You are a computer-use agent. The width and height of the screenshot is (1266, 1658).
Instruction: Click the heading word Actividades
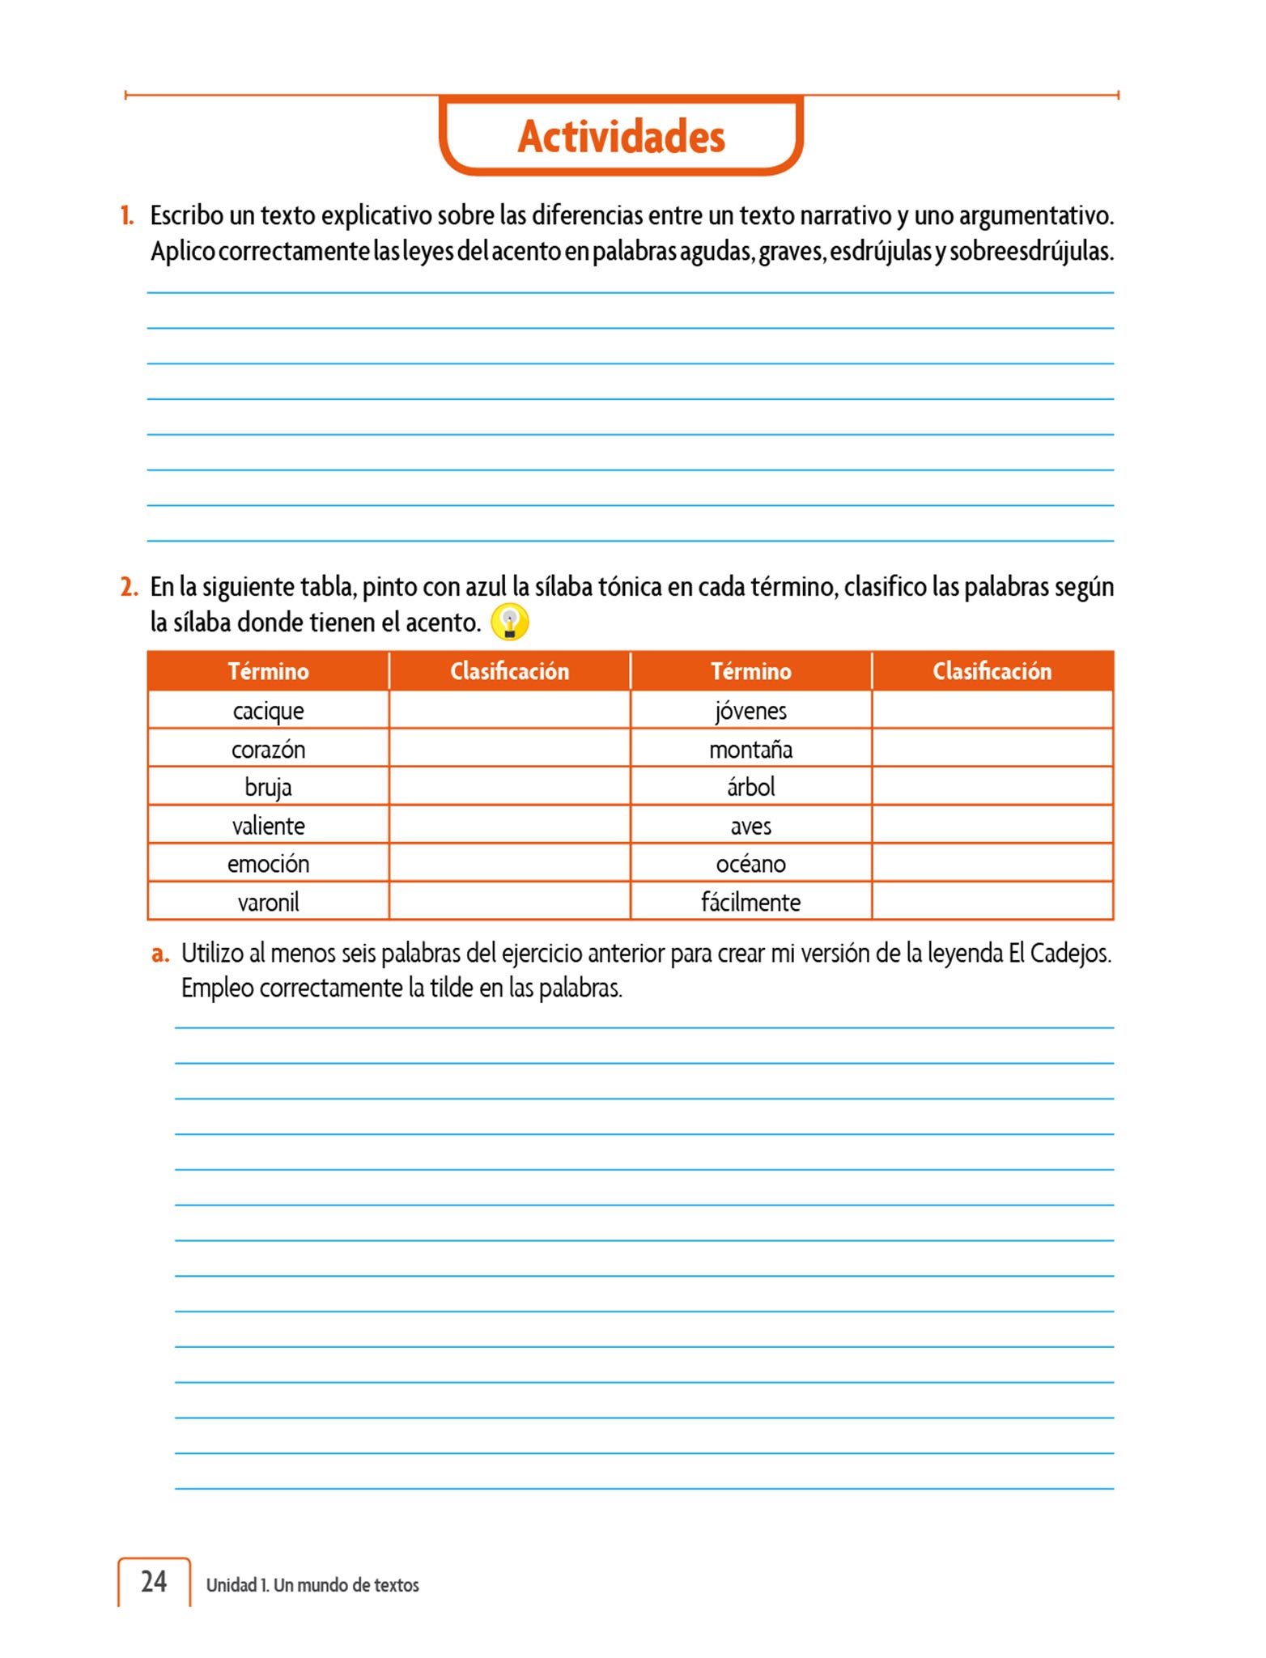coord(621,136)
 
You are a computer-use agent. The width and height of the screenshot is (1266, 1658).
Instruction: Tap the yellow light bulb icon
coord(510,622)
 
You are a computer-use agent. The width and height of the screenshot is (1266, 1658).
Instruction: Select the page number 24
coord(154,1581)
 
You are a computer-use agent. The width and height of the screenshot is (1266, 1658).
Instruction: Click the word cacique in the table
coord(268,711)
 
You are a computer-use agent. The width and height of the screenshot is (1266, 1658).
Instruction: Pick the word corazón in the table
coord(268,749)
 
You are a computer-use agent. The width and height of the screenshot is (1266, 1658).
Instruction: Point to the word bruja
coord(268,787)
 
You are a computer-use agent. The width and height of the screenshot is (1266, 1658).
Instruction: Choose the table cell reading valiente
coord(268,826)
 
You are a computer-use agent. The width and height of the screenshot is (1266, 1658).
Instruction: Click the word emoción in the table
coord(268,864)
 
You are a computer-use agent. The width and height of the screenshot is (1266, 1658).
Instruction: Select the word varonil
coord(268,902)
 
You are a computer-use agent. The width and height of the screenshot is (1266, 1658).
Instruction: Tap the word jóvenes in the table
coord(750,711)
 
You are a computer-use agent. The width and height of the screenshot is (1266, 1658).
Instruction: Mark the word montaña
coord(750,749)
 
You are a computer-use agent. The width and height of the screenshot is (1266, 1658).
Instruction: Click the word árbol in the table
coord(750,787)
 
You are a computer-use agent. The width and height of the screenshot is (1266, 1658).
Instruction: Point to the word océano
coord(750,864)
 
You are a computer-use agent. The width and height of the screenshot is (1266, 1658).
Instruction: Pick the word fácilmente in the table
coord(750,902)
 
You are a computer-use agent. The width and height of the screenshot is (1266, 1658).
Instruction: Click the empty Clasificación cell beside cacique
coord(509,710)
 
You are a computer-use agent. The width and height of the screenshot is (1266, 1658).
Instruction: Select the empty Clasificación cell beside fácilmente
coord(992,901)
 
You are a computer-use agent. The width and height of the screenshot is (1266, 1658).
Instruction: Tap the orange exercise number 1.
coord(127,216)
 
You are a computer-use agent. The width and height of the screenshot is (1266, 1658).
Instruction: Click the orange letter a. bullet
coord(160,954)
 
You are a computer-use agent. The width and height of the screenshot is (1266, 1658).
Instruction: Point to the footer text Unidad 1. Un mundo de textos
coord(312,1585)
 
